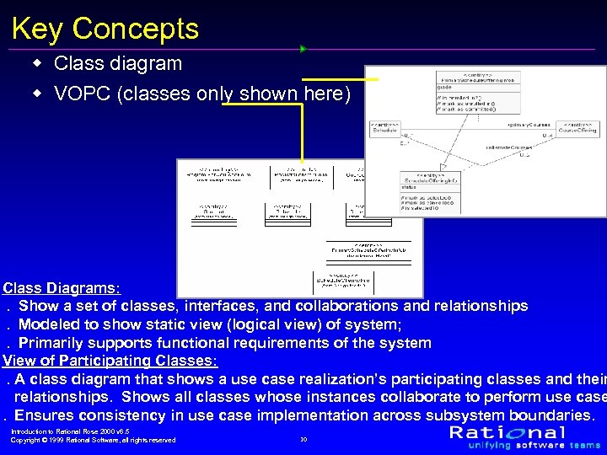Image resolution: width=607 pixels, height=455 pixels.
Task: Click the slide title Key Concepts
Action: (x=105, y=29)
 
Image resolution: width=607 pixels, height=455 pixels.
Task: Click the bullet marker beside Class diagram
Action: (x=37, y=64)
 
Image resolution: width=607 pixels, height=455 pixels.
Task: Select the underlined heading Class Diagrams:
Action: (x=61, y=287)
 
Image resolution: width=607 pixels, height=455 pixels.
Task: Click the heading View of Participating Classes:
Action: (x=110, y=361)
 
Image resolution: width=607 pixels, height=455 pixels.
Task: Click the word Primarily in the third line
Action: (x=57, y=343)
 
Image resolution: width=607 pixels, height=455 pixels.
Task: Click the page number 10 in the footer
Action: (x=303, y=439)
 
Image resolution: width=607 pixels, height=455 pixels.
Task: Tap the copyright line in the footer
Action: (x=93, y=440)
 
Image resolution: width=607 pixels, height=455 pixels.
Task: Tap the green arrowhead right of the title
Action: (x=303, y=49)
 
